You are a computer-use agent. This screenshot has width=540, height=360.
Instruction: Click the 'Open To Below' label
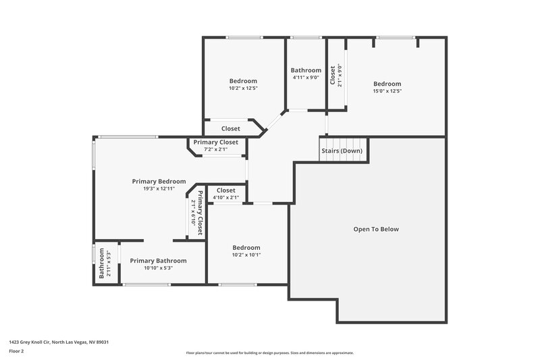coord(376,229)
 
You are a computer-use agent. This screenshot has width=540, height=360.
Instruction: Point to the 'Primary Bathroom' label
coord(158,261)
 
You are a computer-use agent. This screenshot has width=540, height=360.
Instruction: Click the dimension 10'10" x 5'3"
coord(158,268)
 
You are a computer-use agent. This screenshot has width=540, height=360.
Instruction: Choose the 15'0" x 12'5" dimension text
coord(387,91)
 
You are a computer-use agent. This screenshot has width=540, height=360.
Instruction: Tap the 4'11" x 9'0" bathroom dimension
coord(306,78)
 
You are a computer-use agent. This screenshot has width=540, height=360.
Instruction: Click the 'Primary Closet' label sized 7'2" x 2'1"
coord(215,143)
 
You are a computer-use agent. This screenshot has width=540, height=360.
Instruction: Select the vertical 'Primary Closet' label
coord(200,212)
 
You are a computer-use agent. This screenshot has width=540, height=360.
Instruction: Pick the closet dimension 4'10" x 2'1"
coord(225,198)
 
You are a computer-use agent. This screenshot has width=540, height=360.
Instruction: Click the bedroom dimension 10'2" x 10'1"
coord(246,255)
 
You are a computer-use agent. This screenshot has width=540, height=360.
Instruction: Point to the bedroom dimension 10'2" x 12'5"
coord(243,88)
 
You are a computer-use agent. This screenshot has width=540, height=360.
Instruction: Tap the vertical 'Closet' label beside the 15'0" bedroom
coord(332,75)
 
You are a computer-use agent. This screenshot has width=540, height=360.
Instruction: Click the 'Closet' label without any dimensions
coord(230,128)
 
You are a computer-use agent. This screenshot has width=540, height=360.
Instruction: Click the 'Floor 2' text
coord(16,352)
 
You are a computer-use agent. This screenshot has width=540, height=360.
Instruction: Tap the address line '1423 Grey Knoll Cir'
coord(59,342)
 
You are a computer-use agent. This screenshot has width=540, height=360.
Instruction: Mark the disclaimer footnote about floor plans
coord(269,353)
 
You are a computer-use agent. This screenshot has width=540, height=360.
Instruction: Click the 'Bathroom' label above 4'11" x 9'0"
coord(306,70)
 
